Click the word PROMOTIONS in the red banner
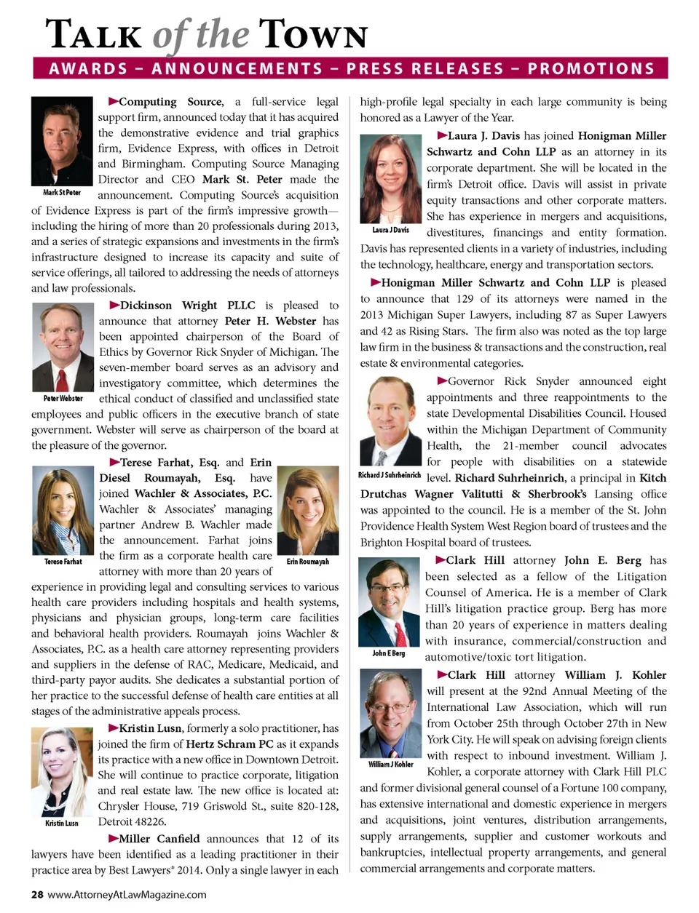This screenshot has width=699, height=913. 591,69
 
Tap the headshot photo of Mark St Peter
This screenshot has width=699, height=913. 62,142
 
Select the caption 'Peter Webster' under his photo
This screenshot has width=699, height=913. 63,398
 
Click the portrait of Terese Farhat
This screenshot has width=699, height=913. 63,511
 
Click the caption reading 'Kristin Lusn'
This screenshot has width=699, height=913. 62,823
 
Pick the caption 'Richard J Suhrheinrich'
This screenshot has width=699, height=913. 390,475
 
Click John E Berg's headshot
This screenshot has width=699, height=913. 388,602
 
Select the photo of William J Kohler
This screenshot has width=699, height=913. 390,715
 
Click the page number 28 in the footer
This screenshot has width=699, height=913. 37,894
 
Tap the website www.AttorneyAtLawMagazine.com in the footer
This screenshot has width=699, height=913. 127,894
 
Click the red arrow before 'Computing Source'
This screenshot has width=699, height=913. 114,101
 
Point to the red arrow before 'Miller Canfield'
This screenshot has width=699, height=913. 114,838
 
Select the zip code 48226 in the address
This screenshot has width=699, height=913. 149,821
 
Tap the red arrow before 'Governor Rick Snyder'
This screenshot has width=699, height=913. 442,380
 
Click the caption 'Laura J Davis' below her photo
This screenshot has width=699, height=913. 390,230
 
